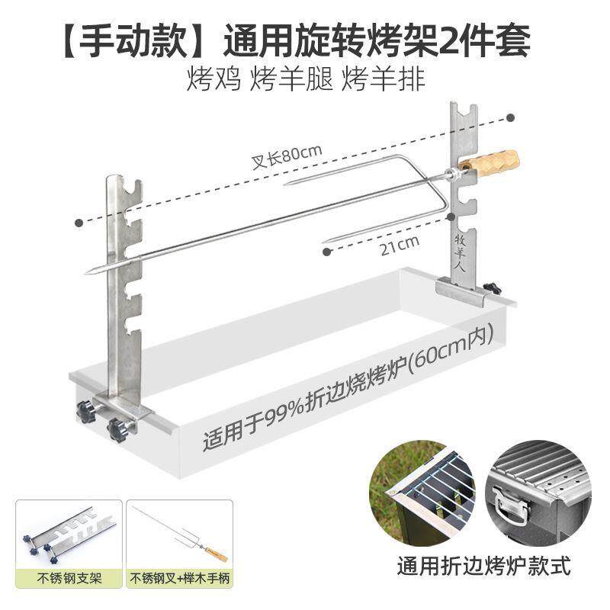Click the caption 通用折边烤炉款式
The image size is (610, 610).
pyautogui.click(x=483, y=567)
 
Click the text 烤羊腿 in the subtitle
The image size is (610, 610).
pyautogui.click(x=291, y=79)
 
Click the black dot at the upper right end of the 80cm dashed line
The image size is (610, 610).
pyautogui.click(x=511, y=118)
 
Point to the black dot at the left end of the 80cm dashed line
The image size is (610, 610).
pyautogui.click(x=79, y=222)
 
